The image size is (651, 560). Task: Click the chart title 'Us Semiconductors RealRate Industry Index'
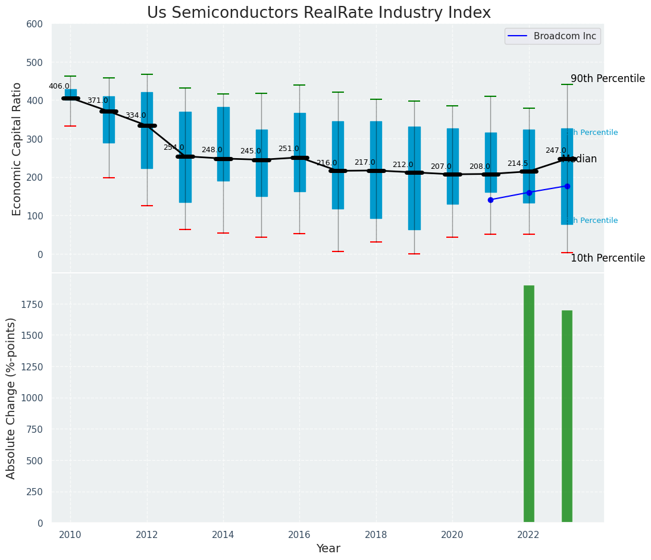pos(318,13)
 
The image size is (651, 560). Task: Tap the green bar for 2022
pos(528,404)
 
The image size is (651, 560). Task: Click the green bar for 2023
pos(567,416)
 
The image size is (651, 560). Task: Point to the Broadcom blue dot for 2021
pos(490,200)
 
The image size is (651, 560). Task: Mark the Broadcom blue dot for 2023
pos(567,186)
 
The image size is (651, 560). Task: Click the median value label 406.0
pos(59,86)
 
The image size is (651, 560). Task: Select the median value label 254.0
pos(174,147)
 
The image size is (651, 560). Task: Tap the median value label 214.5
pos(518,163)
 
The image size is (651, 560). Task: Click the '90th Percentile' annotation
pos(608,79)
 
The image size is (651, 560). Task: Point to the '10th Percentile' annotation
pos(608,258)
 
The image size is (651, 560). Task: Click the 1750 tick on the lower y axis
pos(31,304)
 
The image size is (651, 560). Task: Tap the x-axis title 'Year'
pos(328,549)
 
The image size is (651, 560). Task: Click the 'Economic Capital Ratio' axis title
pos(17,149)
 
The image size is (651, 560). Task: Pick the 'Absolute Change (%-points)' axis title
pos(11,398)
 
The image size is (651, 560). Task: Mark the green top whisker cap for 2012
pos(147,74)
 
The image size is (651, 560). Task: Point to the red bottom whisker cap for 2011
pos(109,178)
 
